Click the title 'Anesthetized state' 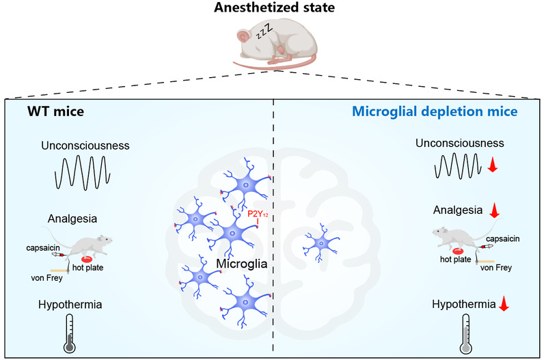(275, 8)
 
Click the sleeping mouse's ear (243, 36)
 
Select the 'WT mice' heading (56, 111)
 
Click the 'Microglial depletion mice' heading (435, 111)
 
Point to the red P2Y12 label (258, 214)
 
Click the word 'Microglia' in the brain (242, 264)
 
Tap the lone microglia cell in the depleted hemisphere (321, 243)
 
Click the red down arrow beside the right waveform (493, 165)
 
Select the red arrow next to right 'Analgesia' (495, 210)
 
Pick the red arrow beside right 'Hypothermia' (504, 303)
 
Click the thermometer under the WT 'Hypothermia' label (70, 333)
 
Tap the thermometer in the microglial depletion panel (465, 333)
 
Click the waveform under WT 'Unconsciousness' (83, 173)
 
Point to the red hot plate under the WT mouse (87, 259)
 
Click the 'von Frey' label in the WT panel (46, 278)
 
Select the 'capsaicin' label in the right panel (503, 239)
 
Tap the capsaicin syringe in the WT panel (59, 255)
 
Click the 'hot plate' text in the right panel (456, 260)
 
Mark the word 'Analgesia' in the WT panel (72, 219)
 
